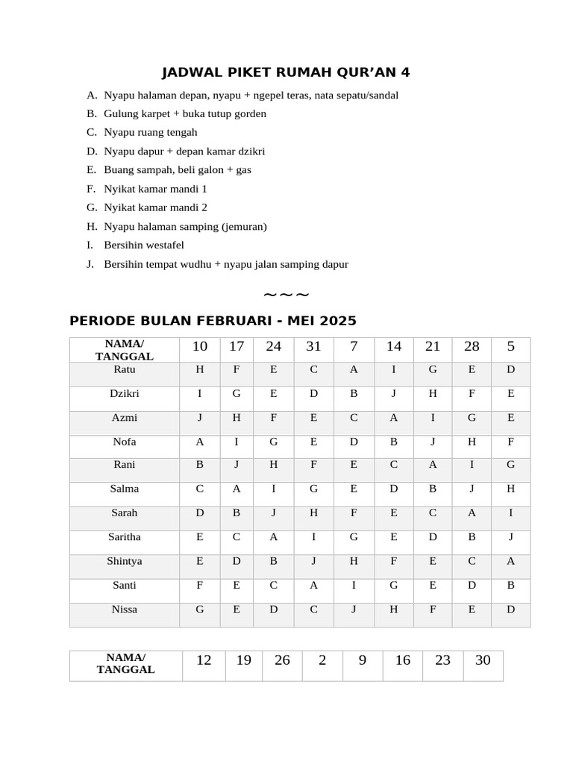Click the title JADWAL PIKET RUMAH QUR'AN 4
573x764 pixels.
pos(286,72)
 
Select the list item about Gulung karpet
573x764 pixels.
pos(184,113)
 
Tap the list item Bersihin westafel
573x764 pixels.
pos(143,245)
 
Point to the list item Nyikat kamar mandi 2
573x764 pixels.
pos(155,207)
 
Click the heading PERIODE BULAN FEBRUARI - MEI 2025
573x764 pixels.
pos(213,321)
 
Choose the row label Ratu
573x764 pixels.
pos(125,369)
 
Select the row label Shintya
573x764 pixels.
pos(125,561)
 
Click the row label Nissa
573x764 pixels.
pos(125,610)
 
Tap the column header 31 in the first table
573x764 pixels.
pos(313,346)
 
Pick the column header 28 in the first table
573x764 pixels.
pos(472,346)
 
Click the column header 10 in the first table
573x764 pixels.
pos(200,346)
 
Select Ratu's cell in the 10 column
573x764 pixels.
pos(200,369)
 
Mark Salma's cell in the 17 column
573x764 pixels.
pos(237,489)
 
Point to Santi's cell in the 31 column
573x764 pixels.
pos(313,586)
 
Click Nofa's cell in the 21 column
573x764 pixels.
pos(433,442)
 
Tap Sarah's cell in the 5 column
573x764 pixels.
pos(510,513)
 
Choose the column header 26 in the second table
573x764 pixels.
pos(282,660)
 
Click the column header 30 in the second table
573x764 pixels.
pos(483,660)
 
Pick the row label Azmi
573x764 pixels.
pos(125,418)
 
